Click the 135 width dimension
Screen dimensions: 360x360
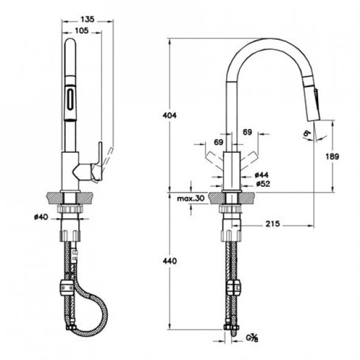coord(88,19)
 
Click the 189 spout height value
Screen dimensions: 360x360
coord(333,156)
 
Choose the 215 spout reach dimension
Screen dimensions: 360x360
coord(272,225)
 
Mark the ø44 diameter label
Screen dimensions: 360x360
coord(262,174)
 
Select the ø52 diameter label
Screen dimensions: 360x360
coord(262,183)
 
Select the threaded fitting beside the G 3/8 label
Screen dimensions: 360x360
coord(230,331)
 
